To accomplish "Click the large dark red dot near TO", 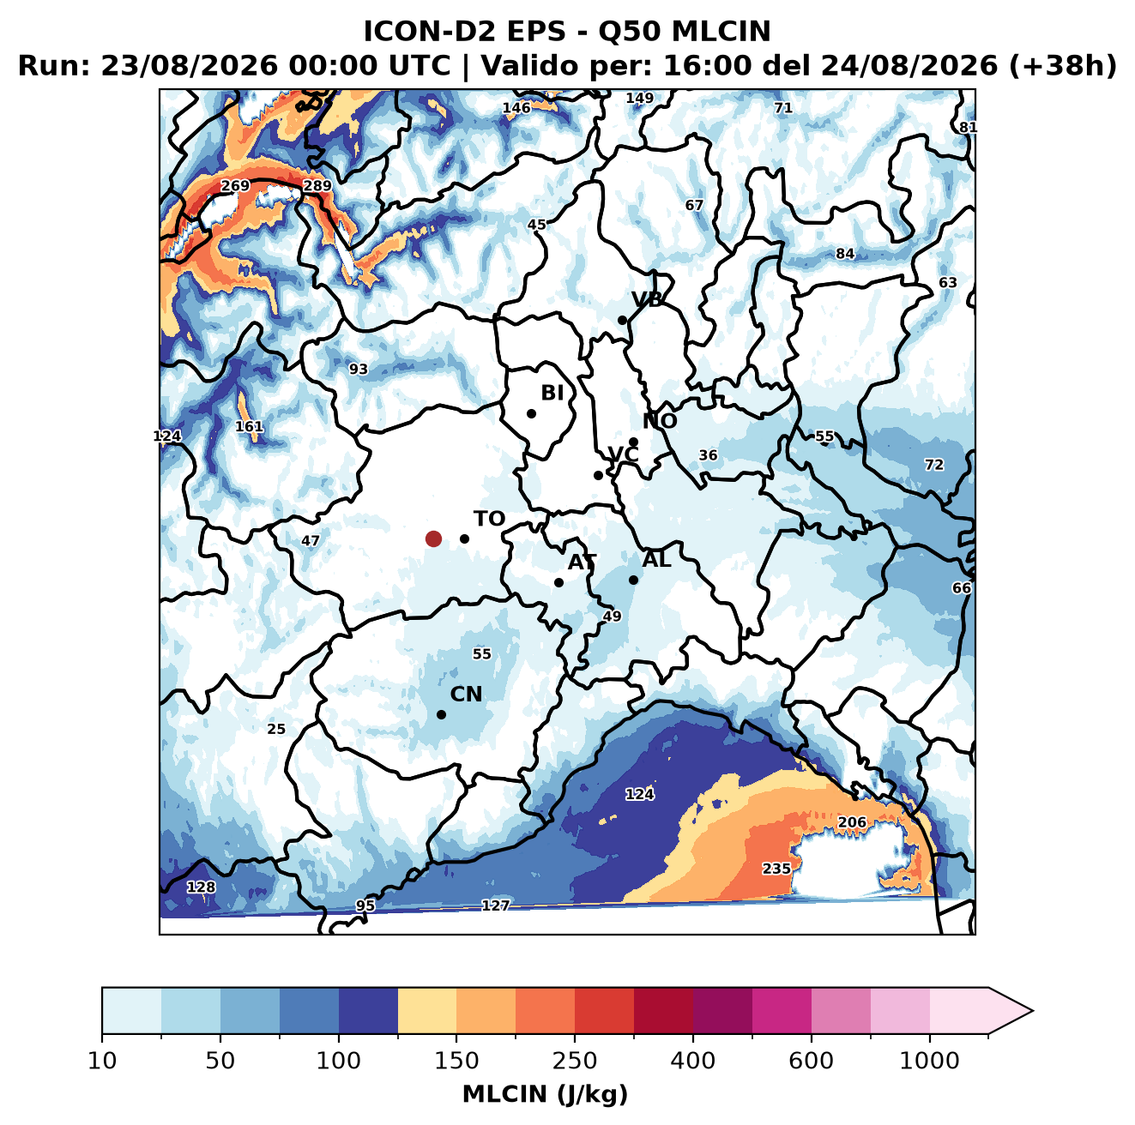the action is pyautogui.click(x=433, y=538).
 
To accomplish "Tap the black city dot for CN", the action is pyautogui.click(x=441, y=714).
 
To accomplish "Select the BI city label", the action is pyautogui.click(x=552, y=393).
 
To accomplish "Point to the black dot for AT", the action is pyautogui.click(x=558, y=582).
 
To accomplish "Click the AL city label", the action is pyautogui.click(x=656, y=559).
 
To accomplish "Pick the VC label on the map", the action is pyautogui.click(x=623, y=454).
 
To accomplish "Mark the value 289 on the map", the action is pyautogui.click(x=317, y=186).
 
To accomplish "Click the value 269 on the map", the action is pyautogui.click(x=235, y=186).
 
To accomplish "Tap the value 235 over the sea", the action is pyautogui.click(x=776, y=869).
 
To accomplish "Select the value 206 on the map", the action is pyautogui.click(x=852, y=821).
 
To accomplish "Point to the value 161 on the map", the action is pyautogui.click(x=249, y=426).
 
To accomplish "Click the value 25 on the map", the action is pyautogui.click(x=275, y=729).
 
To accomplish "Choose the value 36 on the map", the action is pyautogui.click(x=708, y=455).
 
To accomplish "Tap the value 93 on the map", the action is pyautogui.click(x=358, y=369).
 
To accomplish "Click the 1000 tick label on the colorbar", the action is pyautogui.click(x=929, y=1060).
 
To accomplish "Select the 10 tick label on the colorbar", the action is pyautogui.click(x=102, y=1060).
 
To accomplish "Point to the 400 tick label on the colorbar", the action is pyautogui.click(x=692, y=1060).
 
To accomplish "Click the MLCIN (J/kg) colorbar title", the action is pyautogui.click(x=545, y=1094).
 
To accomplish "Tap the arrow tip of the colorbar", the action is pyautogui.click(x=1032, y=1011).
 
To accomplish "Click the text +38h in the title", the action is pyautogui.click(x=1063, y=65).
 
